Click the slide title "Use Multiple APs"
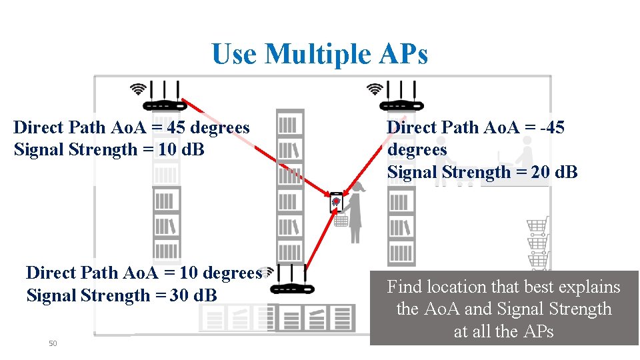coord(320,53)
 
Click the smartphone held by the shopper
coord(336,201)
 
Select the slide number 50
coord(53,343)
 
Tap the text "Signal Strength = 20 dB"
coord(482,172)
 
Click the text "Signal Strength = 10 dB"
coord(109,149)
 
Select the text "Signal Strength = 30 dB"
coord(121,295)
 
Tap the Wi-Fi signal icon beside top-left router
coord(138,89)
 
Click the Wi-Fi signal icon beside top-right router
coord(375,89)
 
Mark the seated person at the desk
coord(525,160)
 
